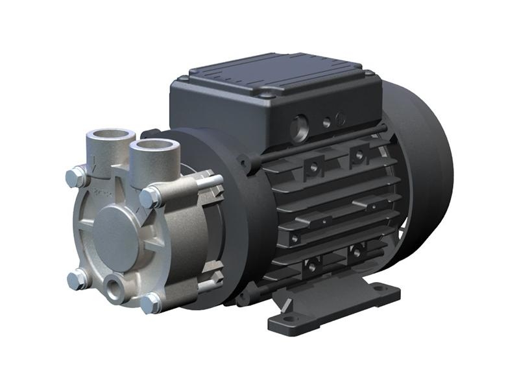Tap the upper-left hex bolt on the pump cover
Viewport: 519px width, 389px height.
coord(76,177)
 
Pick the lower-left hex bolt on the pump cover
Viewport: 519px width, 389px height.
coord(77,279)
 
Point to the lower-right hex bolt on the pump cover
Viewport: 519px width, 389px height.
coord(150,302)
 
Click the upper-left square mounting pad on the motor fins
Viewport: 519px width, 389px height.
coord(313,167)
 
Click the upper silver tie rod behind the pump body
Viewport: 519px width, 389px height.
coord(208,182)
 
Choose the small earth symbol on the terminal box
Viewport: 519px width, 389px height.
coord(341,119)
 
